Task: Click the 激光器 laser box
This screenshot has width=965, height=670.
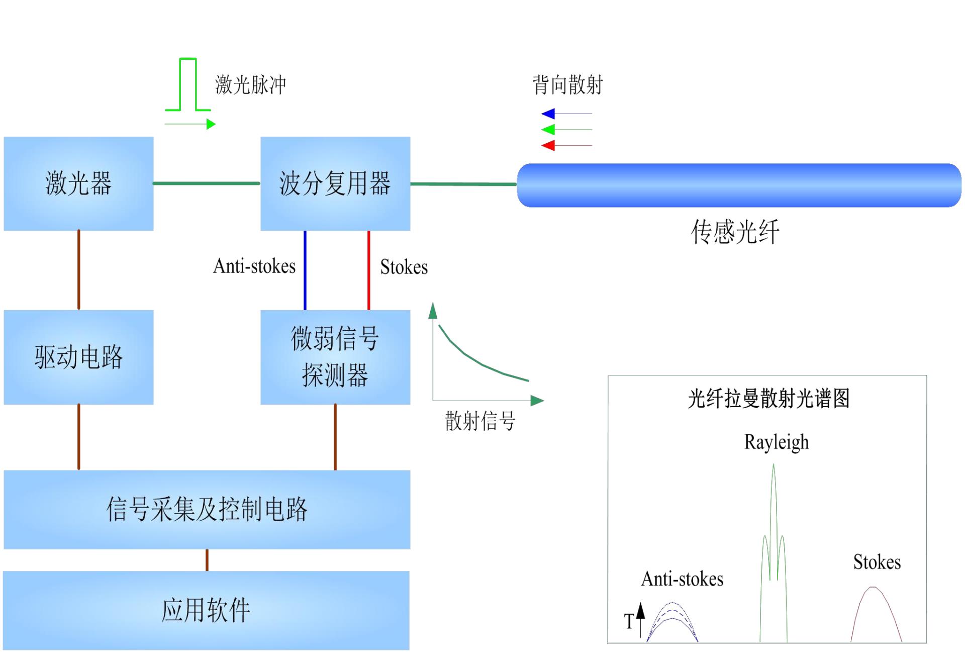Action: tap(78, 183)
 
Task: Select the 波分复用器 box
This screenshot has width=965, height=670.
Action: tap(335, 183)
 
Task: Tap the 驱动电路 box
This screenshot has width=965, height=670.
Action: tap(78, 357)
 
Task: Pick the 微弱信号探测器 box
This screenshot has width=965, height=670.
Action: tap(335, 357)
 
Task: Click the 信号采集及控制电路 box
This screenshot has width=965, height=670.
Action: tap(207, 509)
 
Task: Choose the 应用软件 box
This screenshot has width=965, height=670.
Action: tap(206, 610)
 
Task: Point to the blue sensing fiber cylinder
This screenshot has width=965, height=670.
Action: tap(739, 185)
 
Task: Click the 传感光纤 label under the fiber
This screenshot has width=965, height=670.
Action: tap(735, 232)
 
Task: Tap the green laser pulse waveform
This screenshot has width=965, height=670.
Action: tap(188, 84)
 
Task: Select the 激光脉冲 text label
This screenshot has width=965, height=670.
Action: tap(250, 84)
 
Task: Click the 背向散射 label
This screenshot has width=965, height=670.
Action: tap(567, 84)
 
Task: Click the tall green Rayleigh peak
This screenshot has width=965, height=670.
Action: tap(774, 503)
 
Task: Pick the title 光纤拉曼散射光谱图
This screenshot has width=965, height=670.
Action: tap(768, 399)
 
